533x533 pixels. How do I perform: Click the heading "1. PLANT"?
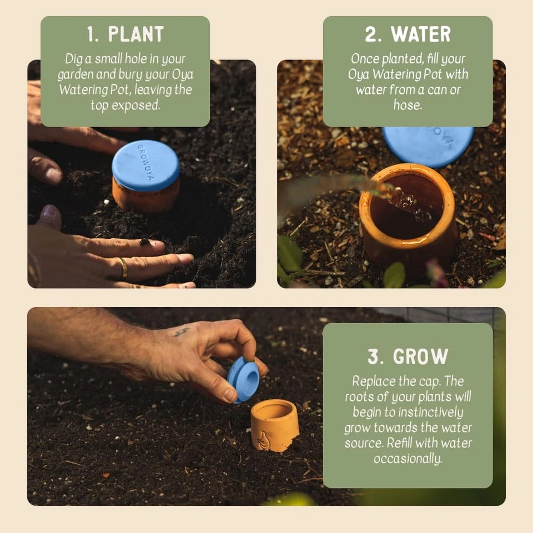click(125, 34)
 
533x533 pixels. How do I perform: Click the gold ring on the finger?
click(123, 268)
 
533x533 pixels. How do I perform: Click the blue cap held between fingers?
click(243, 379)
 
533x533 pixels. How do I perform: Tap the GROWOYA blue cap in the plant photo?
click(146, 165)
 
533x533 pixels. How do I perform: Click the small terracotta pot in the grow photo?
click(274, 425)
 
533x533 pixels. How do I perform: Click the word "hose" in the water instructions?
click(407, 105)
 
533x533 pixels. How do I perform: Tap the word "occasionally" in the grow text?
click(408, 459)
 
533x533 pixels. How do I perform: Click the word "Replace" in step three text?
click(374, 381)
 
